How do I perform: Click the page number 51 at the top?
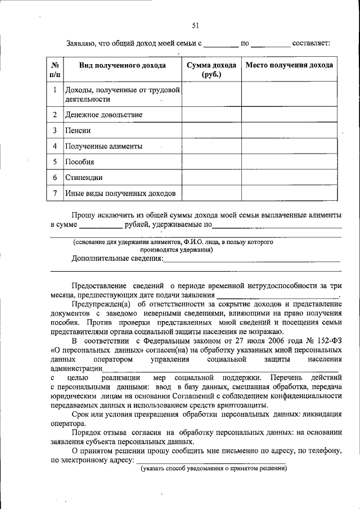point(195,25)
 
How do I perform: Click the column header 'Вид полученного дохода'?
point(122,65)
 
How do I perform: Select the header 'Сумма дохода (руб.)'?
point(211,69)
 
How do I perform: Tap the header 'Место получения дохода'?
point(289,65)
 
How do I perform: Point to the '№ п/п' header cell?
point(55,69)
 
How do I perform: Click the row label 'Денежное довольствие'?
point(103,115)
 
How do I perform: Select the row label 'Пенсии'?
point(78,130)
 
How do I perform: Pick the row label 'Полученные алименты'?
point(103,146)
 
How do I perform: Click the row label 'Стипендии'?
point(83,178)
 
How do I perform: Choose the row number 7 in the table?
point(55,193)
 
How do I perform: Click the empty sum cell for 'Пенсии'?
point(211,130)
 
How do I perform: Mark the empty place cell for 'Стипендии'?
point(289,178)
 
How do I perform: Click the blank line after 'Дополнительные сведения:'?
point(251,260)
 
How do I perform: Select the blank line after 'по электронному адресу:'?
point(210,461)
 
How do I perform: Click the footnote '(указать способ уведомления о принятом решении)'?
point(214,469)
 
